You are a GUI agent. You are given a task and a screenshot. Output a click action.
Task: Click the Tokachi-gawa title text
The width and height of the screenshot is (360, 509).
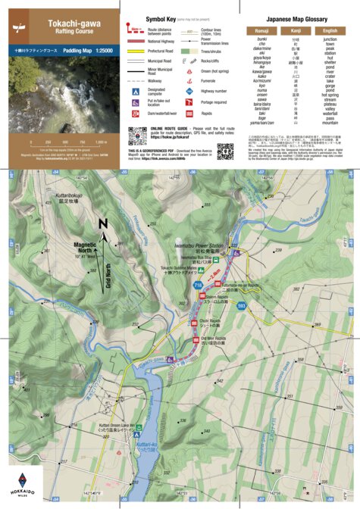pos(60,25)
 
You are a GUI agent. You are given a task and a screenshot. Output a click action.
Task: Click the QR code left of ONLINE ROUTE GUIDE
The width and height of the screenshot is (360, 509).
pos(136,137)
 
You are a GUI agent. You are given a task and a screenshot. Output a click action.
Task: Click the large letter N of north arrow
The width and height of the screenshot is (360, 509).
pos(104,223)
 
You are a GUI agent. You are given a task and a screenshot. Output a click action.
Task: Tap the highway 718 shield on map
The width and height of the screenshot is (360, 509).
pos(198,285)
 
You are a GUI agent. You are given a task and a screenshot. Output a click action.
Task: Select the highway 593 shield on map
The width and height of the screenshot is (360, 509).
pos(241,305)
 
